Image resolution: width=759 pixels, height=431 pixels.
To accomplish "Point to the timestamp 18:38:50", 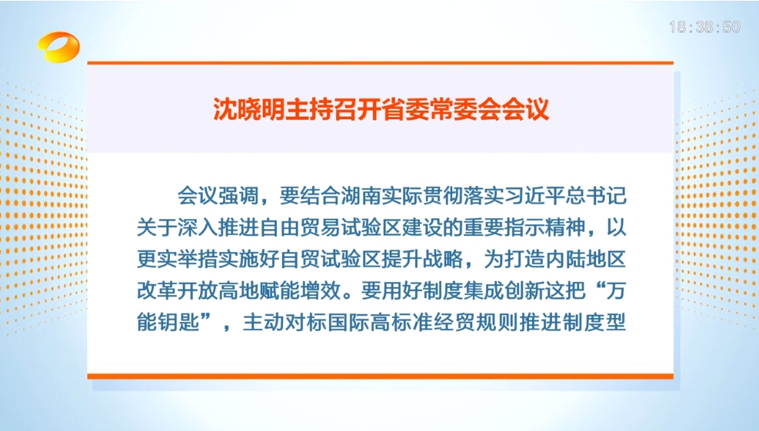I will point(704,28).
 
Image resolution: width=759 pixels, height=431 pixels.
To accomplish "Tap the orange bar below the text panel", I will point(380,376).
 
